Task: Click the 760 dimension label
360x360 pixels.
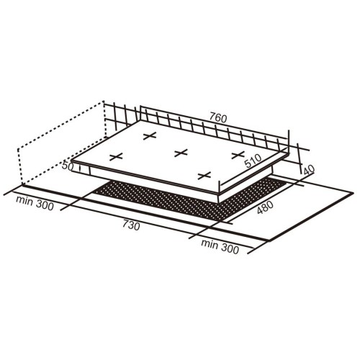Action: (x=218, y=118)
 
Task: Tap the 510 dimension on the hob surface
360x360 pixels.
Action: (x=253, y=161)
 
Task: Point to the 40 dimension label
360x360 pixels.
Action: (x=309, y=170)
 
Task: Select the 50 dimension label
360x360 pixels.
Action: (x=68, y=166)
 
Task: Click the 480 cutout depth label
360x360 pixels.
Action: (x=265, y=207)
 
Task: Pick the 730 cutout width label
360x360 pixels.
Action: (x=131, y=225)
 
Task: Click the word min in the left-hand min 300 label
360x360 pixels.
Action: (x=24, y=201)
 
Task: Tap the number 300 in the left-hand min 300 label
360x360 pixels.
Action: (x=45, y=206)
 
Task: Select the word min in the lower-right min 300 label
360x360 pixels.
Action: (x=210, y=244)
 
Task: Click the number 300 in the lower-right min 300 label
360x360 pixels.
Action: (x=230, y=249)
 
